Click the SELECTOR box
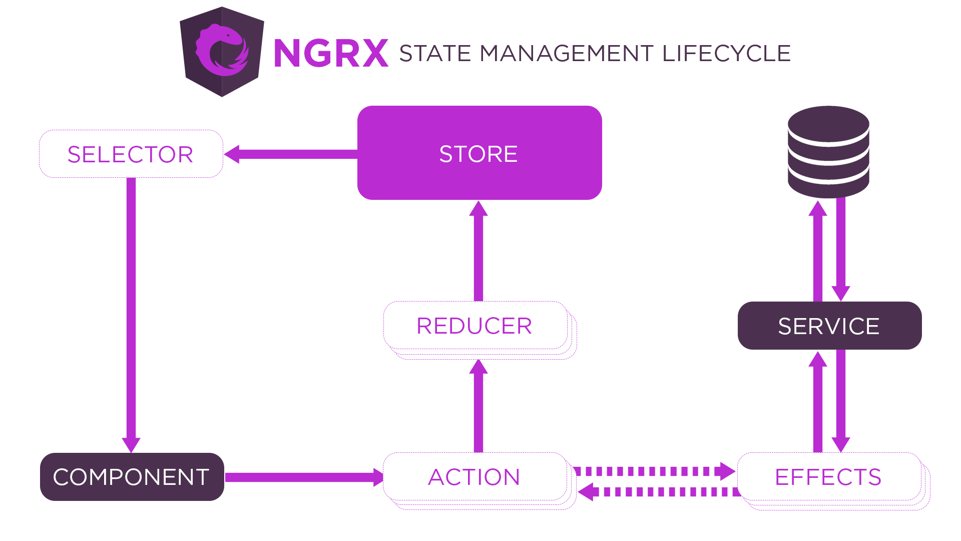coord(131,154)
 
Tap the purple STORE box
coord(479,153)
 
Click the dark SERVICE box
coord(829,326)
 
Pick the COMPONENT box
coord(132,476)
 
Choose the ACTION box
coord(474,476)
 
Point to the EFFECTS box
coord(828,476)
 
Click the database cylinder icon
coord(828,152)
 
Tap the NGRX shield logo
coord(222,52)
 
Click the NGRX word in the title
coord(331,53)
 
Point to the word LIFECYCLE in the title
coord(726,54)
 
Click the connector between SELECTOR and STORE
coord(290,154)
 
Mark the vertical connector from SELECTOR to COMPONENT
coord(131,315)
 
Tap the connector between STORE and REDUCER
coord(478,250)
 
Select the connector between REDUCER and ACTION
coord(478,406)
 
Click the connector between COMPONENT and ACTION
coord(304,477)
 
